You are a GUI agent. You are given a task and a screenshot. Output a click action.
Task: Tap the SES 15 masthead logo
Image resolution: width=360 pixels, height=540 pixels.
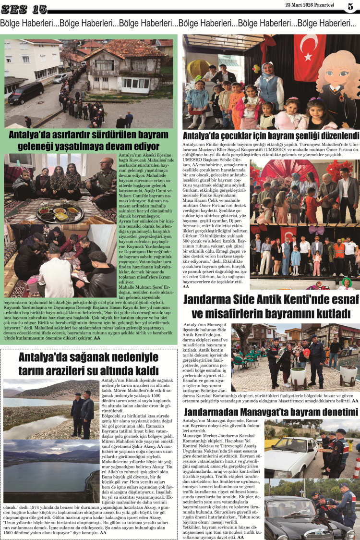tap(24, 9)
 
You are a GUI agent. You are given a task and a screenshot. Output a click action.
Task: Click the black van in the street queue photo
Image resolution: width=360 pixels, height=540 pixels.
tap(25, 93)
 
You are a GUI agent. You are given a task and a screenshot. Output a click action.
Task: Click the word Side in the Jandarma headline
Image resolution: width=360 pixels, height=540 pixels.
tap(259, 299)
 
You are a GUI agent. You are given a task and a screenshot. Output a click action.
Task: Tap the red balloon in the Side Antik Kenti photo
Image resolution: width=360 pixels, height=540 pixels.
tap(306, 353)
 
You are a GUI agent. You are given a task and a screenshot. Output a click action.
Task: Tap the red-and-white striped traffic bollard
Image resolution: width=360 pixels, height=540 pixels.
tap(356, 466)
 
